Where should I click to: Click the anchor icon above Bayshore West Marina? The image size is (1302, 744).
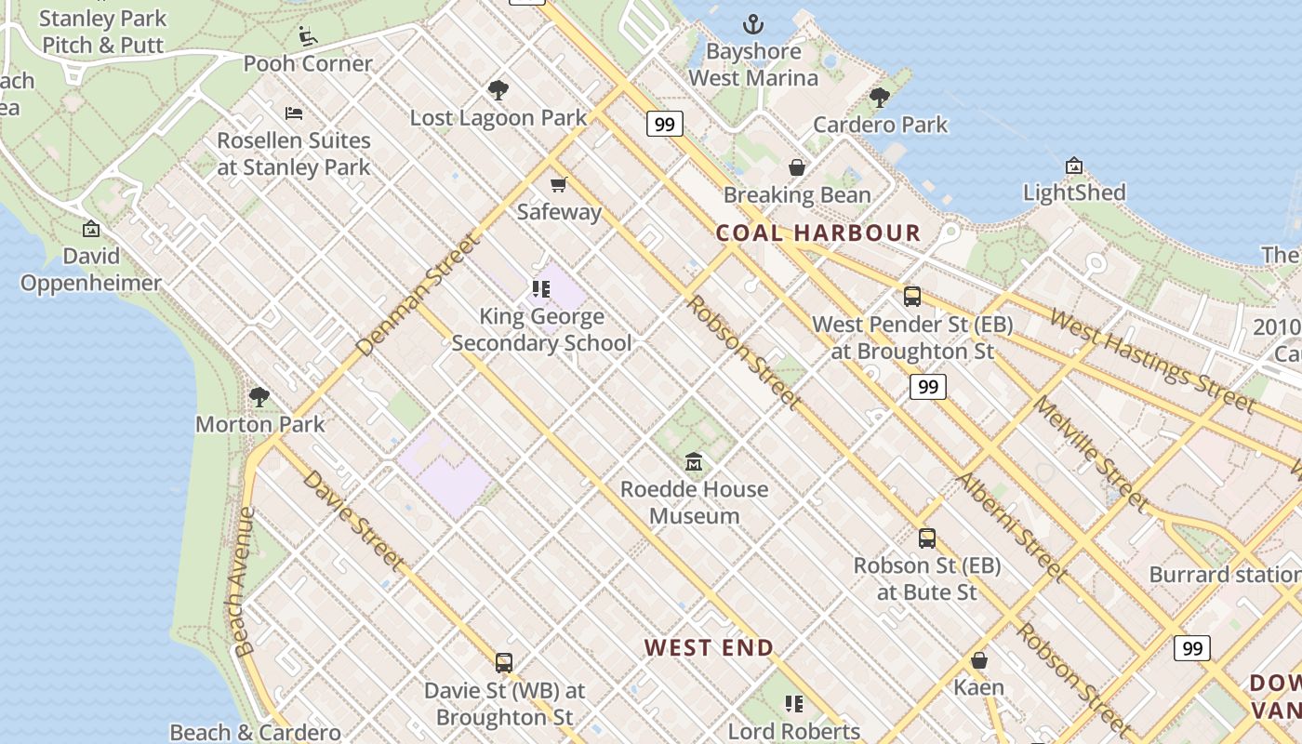[753, 24]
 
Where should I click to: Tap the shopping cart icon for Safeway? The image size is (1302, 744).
[558, 184]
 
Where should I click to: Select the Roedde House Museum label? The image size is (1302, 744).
[694, 502]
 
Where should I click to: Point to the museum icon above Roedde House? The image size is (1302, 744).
[694, 461]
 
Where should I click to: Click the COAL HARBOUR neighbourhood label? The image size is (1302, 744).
[817, 232]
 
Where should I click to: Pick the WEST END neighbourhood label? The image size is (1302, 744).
[709, 647]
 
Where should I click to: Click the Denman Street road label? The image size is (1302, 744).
[418, 295]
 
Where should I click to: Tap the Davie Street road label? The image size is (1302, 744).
[353, 521]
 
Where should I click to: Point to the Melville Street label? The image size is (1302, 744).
[1091, 454]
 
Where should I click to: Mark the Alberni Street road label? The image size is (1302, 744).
[1009, 526]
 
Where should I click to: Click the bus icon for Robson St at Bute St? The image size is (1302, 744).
[926, 538]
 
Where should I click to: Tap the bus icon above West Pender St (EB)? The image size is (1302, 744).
[912, 297]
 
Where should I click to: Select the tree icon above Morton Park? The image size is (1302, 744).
[259, 397]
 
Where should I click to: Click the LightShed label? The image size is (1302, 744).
[1074, 193]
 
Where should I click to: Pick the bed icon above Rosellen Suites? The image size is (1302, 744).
[294, 113]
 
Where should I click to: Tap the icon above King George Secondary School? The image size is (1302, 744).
[541, 289]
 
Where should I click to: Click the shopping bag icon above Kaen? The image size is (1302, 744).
[978, 660]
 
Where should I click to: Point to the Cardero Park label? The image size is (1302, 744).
[880, 125]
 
